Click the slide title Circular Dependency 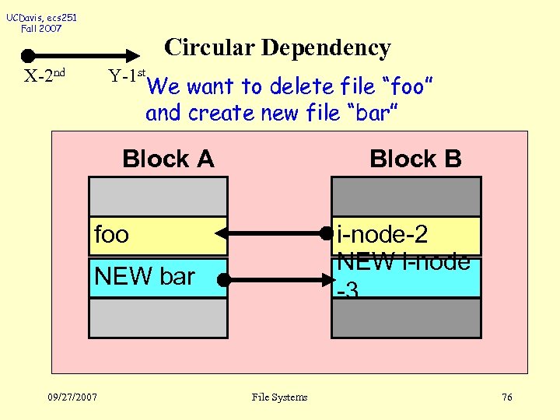[278, 48]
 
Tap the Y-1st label [128, 76]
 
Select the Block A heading [168, 159]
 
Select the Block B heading [415, 159]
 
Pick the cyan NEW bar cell [158, 277]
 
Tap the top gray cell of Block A [158, 196]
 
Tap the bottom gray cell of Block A [158, 317]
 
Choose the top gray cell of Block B [406, 196]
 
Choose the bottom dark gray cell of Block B [406, 318]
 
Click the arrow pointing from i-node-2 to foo [272, 233]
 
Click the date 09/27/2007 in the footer [72, 397]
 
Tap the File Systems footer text [280, 397]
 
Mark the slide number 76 [506, 397]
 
